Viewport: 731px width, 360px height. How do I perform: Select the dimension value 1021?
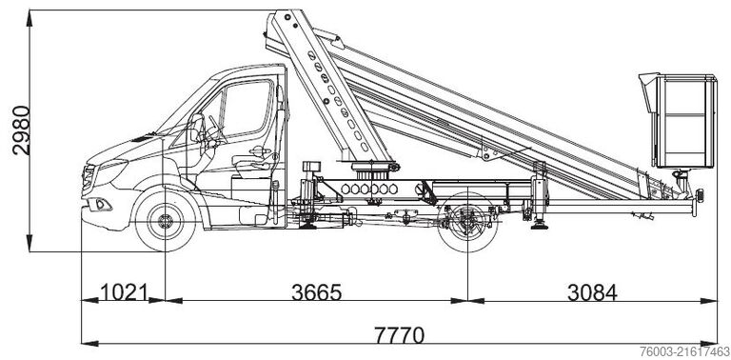point(123,292)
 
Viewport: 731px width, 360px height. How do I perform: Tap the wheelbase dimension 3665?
point(316,292)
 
